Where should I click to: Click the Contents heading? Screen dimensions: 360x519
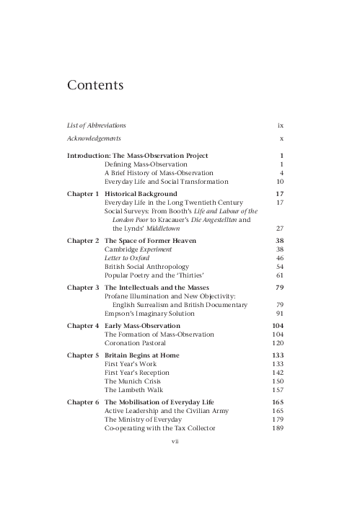pyautogui.click(x=95, y=86)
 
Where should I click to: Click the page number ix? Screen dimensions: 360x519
pyautogui.click(x=281, y=125)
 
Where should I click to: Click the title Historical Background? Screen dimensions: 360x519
pyautogui.click(x=141, y=195)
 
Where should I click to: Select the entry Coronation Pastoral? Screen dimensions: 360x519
pyautogui.click(x=139, y=344)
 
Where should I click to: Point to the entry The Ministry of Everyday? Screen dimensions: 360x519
pyautogui.click(x=146, y=419)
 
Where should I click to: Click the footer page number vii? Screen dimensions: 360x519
pyautogui.click(x=174, y=440)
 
